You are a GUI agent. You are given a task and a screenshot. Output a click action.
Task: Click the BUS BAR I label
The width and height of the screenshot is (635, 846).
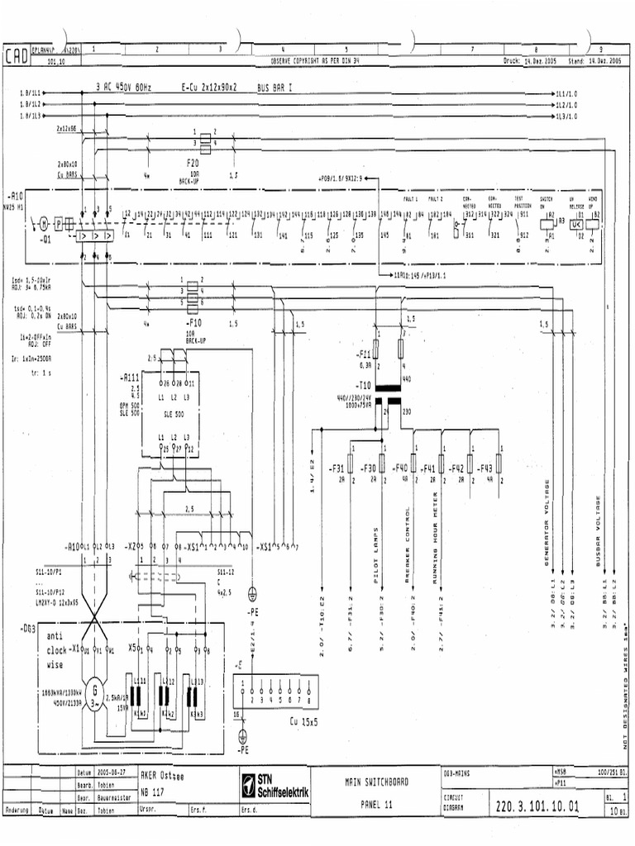click(x=275, y=86)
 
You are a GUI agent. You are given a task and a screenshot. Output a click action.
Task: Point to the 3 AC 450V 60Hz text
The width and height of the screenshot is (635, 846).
click(x=124, y=86)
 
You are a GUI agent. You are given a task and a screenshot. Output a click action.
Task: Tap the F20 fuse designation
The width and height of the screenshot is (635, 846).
click(x=192, y=163)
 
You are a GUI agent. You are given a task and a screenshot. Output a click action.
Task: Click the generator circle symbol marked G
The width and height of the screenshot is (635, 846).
click(x=95, y=689)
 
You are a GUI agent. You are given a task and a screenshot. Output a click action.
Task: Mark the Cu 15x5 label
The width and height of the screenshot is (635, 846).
click(x=303, y=720)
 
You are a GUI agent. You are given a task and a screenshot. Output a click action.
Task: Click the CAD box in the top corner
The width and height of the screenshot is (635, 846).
click(x=17, y=56)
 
